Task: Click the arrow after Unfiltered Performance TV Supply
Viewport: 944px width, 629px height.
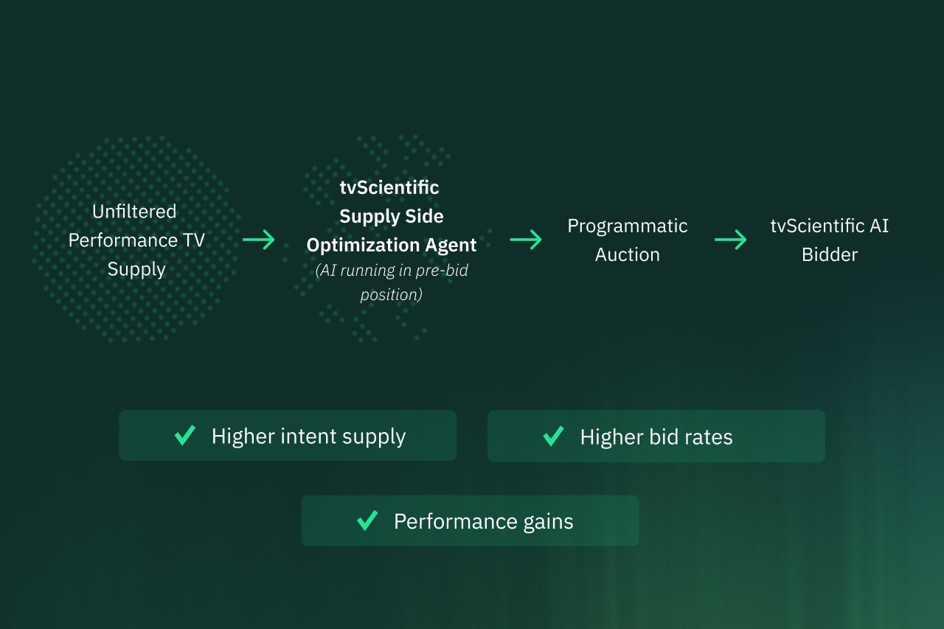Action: point(258,240)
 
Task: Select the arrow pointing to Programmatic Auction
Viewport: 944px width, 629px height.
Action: point(526,240)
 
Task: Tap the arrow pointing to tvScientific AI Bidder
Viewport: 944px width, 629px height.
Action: point(731,240)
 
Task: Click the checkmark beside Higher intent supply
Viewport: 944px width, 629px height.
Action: point(185,436)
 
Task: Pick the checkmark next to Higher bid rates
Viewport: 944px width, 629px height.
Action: point(554,437)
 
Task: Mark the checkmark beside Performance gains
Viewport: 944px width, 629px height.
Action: point(367,521)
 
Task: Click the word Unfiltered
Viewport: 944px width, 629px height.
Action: point(134,212)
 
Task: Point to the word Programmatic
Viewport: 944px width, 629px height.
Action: point(627,226)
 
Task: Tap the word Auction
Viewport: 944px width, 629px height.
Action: point(627,254)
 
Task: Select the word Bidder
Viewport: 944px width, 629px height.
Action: point(830,254)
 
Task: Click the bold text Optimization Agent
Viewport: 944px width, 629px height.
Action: point(392,245)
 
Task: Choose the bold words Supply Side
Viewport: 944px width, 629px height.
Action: point(392,216)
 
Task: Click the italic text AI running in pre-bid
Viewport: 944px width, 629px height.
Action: point(392,271)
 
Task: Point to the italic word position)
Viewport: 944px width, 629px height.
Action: point(392,295)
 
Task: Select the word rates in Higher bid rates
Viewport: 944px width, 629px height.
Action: point(707,437)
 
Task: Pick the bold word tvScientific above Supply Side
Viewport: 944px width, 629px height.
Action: point(389,187)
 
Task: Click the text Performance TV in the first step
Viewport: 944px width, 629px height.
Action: point(136,240)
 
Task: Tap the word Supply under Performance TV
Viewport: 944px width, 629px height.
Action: point(136,269)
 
